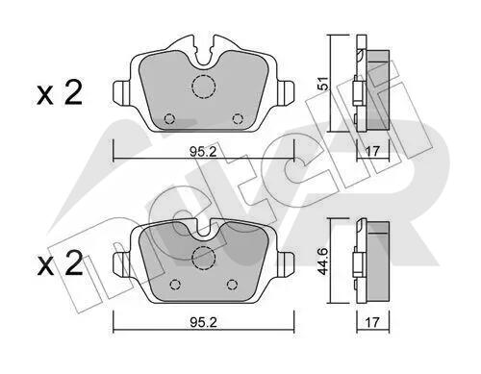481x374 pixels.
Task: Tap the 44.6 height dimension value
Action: pyautogui.click(x=323, y=262)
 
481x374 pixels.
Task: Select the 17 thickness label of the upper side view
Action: pyautogui.click(x=372, y=151)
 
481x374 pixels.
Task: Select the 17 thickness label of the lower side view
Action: pyautogui.click(x=372, y=322)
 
